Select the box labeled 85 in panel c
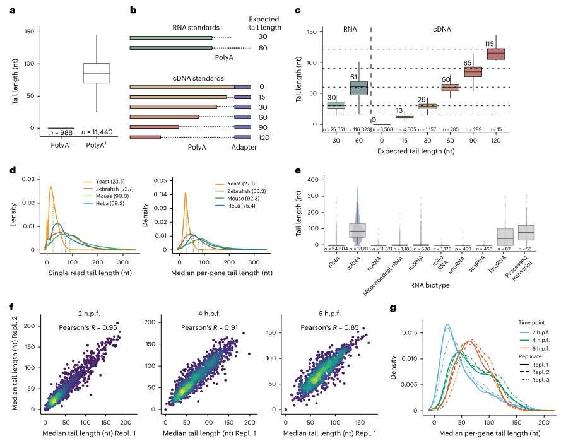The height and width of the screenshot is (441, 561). (473, 71)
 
